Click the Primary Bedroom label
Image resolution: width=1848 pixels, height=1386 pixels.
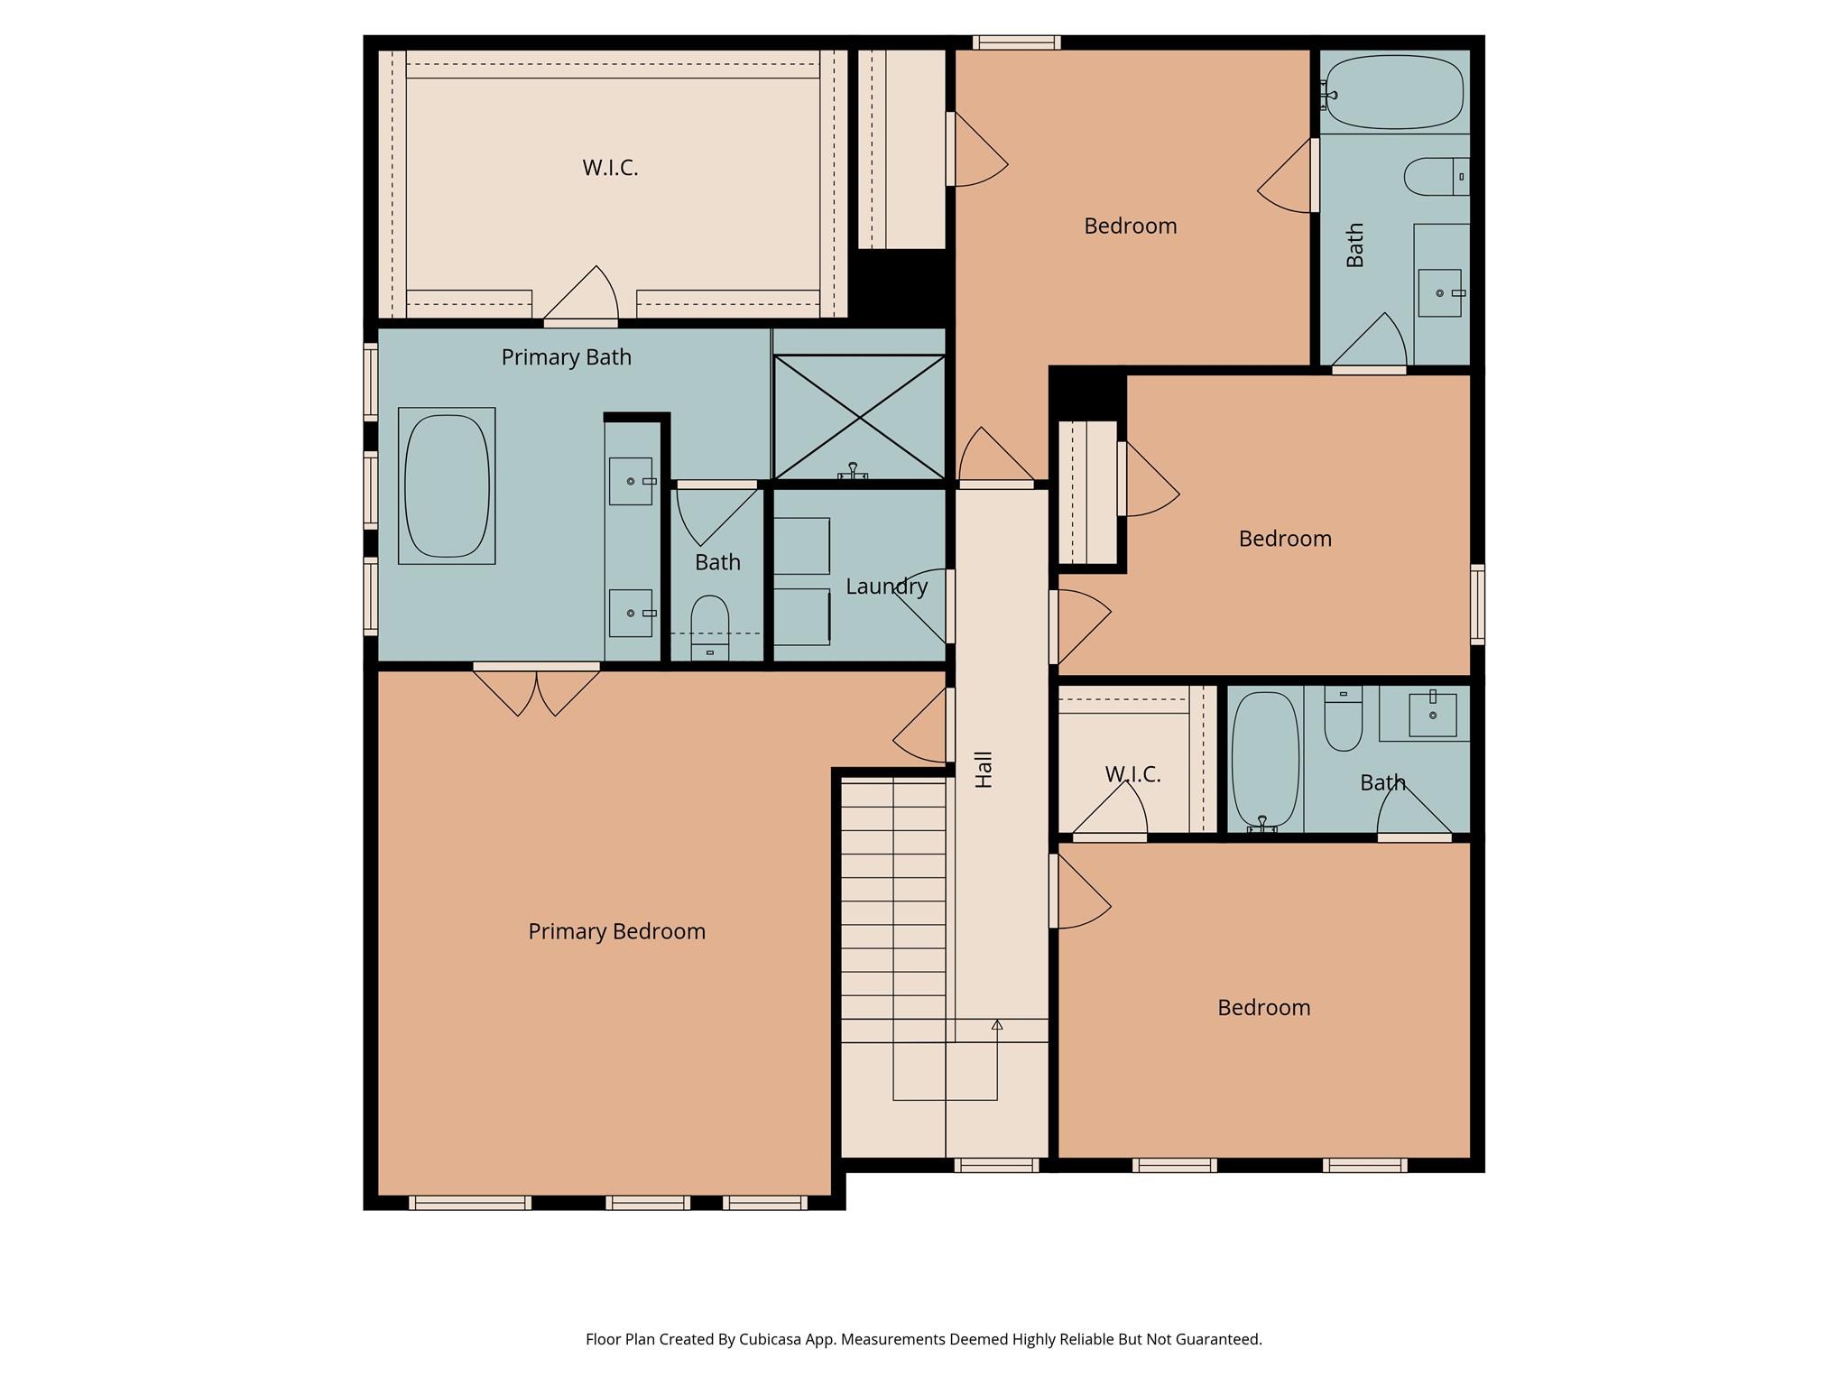point(616,931)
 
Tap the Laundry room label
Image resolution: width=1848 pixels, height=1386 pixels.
point(886,587)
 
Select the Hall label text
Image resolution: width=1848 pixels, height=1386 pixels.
point(984,769)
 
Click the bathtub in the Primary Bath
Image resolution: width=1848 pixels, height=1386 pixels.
point(447,485)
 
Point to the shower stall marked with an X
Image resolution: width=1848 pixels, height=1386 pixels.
point(859,417)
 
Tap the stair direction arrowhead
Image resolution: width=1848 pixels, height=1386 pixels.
point(997,1025)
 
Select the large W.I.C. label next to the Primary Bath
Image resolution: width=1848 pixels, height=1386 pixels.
point(610,168)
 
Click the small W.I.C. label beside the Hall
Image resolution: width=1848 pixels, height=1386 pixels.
point(1132,774)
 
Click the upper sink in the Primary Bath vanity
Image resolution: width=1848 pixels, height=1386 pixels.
point(630,481)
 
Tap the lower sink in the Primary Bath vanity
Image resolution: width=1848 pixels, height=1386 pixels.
point(630,614)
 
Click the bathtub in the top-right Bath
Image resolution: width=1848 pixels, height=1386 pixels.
point(1395,92)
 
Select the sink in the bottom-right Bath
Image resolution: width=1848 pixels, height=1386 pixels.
point(1432,715)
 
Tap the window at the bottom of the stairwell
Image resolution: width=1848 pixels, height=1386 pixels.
point(996,1165)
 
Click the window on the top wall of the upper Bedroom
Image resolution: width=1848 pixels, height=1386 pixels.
point(1016,42)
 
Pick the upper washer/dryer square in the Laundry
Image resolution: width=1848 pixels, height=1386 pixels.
point(801,546)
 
